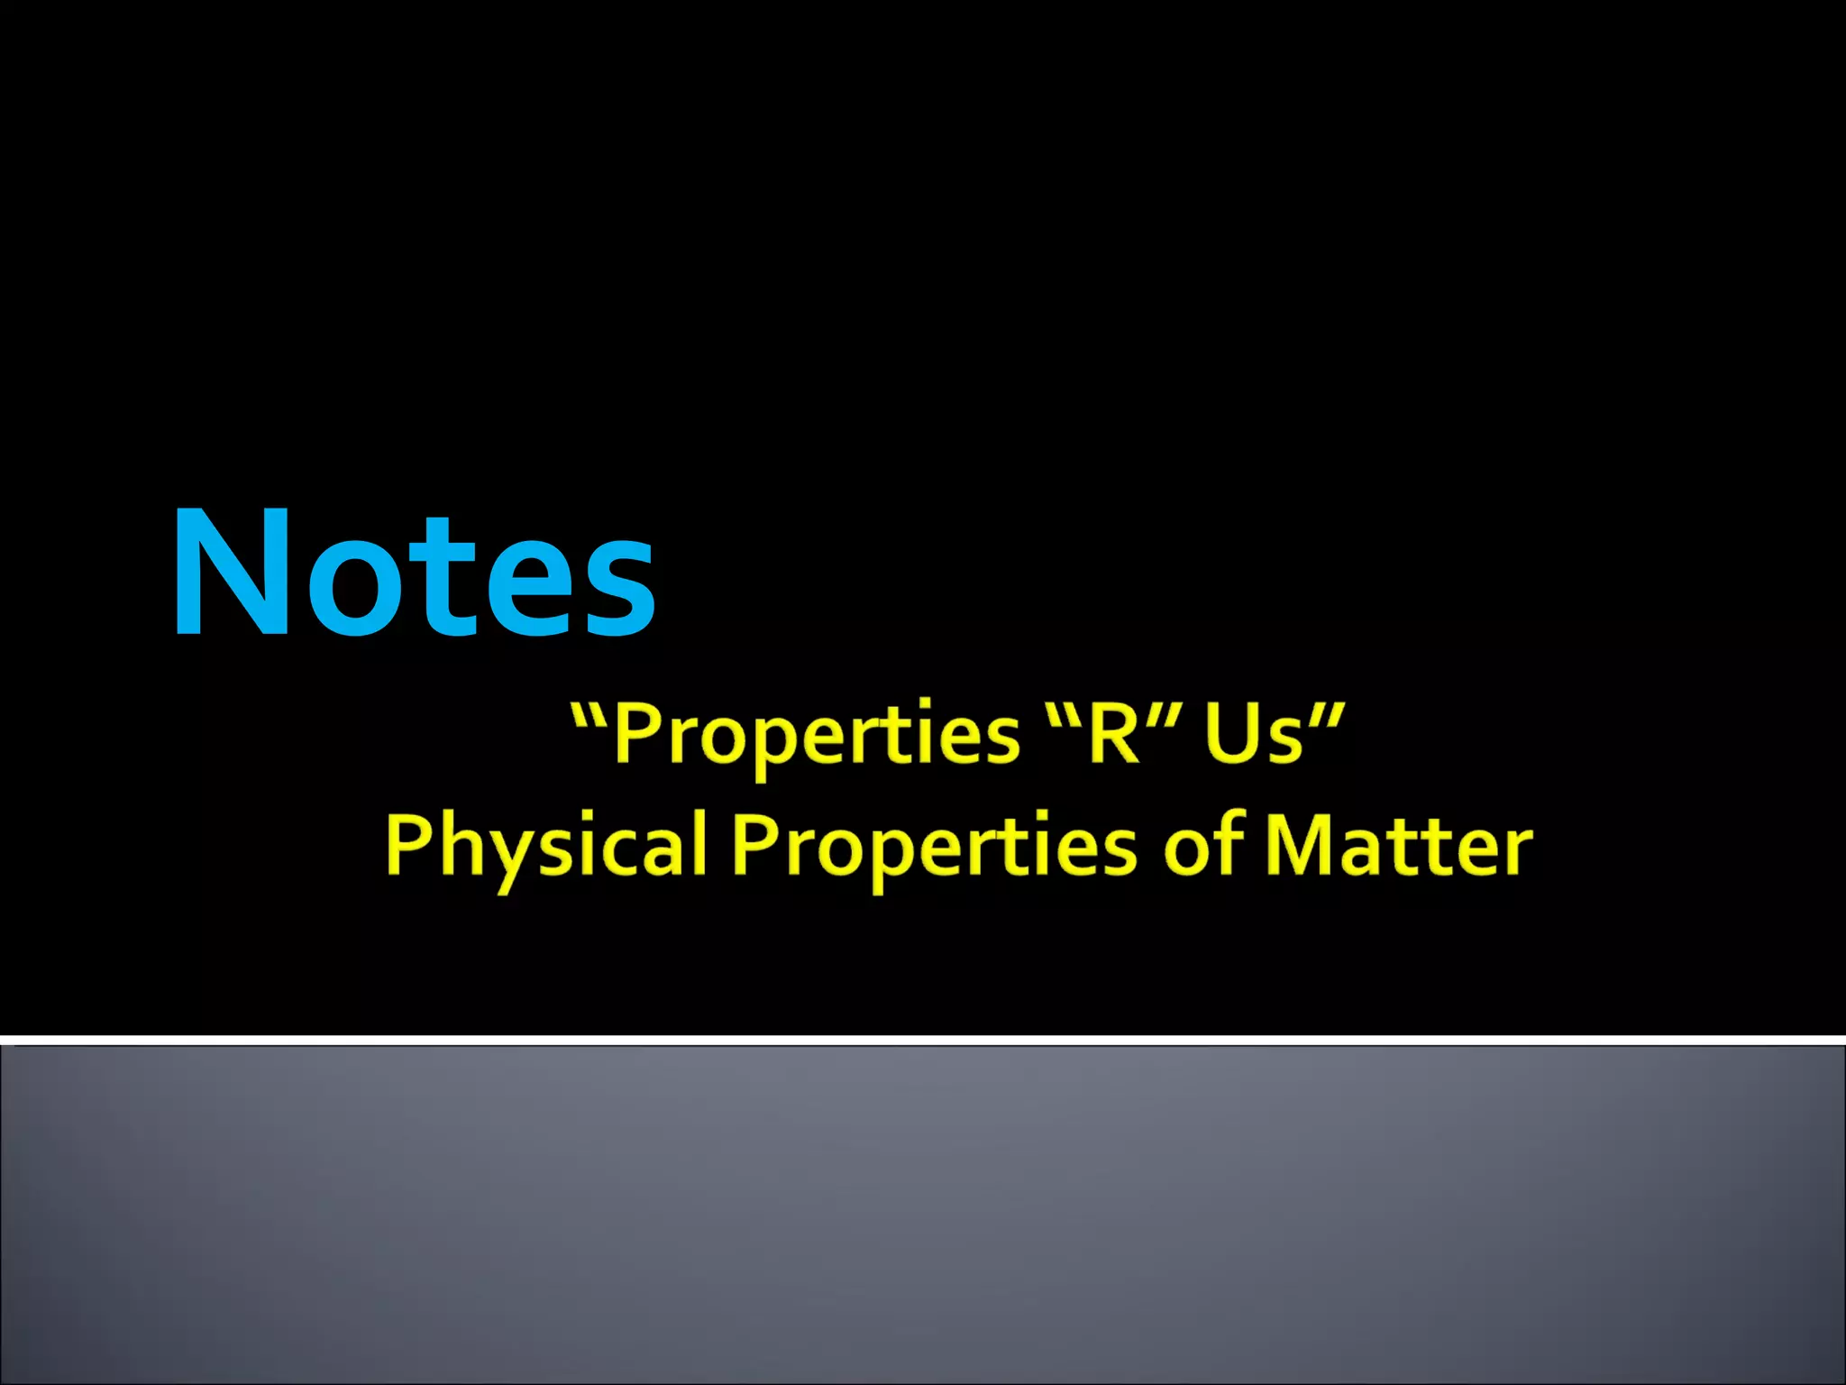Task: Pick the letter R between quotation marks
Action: pos(1114,733)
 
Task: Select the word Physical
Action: pos(545,847)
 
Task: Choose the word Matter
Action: pos(1398,846)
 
